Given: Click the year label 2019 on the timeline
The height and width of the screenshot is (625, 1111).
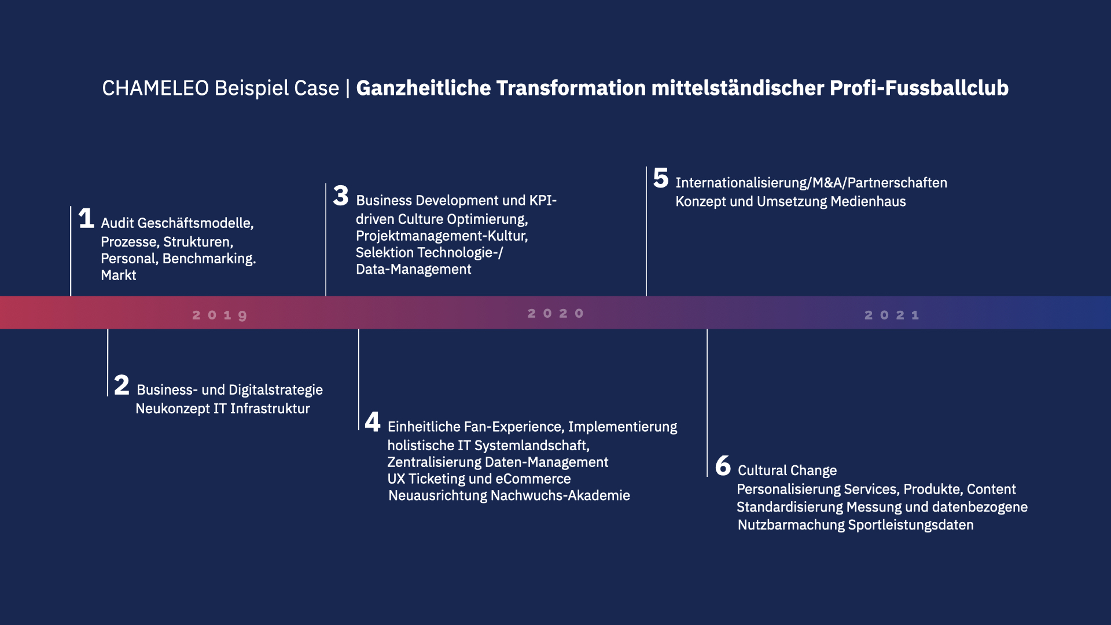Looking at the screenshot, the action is click(x=220, y=315).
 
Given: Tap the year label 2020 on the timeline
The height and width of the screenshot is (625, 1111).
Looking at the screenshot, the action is click(x=555, y=314).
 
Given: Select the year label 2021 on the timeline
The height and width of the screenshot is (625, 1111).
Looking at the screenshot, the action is click(x=892, y=315).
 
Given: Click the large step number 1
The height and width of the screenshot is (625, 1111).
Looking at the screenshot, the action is click(x=86, y=218).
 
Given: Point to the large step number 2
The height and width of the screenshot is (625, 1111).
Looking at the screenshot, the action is click(x=122, y=385).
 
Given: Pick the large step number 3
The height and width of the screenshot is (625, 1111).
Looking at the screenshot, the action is click(x=341, y=196).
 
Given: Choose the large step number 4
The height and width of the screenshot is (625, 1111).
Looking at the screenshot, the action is click(x=373, y=422).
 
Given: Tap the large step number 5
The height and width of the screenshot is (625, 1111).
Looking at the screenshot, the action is click(x=661, y=178).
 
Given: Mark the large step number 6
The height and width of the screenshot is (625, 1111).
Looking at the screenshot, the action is click(x=723, y=466).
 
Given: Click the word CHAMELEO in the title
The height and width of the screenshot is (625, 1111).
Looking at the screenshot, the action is click(x=156, y=88).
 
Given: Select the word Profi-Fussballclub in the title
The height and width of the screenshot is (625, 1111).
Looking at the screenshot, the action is click(x=919, y=88).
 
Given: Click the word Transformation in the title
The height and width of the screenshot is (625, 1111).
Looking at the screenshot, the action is click(x=571, y=88).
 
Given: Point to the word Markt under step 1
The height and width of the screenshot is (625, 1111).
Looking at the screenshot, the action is click(x=119, y=275).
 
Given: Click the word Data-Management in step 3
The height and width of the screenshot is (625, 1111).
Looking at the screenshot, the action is click(x=414, y=270).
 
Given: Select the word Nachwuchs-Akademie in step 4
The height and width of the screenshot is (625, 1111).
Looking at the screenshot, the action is click(x=560, y=496).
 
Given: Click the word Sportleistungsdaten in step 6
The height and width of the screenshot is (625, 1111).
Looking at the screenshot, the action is click(x=911, y=525).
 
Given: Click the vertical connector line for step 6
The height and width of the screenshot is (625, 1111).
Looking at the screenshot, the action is click(x=707, y=403).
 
